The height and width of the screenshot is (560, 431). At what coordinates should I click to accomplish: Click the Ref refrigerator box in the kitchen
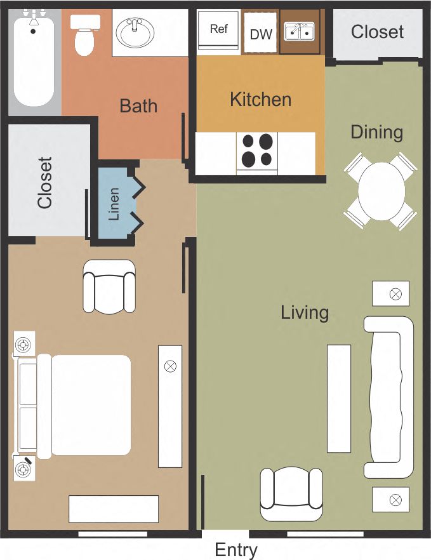pyautogui.click(x=218, y=29)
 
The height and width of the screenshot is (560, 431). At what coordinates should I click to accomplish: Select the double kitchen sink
pyautogui.click(x=300, y=31)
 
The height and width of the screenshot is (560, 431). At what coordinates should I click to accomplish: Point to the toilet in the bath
pyautogui.click(x=83, y=35)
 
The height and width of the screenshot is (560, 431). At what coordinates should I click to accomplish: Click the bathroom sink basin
pyautogui.click(x=135, y=33)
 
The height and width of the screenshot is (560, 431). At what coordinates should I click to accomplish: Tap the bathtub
pyautogui.click(x=34, y=62)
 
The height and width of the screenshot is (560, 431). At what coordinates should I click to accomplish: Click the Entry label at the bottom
pyautogui.click(x=236, y=549)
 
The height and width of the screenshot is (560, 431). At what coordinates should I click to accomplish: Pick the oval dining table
pyautogui.click(x=381, y=192)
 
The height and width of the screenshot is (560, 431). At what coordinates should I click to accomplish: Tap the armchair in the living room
pyautogui.click(x=291, y=494)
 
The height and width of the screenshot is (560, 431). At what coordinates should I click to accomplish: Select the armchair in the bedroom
pyautogui.click(x=110, y=286)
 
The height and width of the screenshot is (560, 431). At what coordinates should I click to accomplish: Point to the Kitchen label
pyautogui.click(x=260, y=99)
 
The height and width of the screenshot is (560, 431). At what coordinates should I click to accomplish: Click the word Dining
pyautogui.click(x=377, y=132)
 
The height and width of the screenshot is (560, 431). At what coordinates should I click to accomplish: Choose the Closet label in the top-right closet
pyautogui.click(x=377, y=32)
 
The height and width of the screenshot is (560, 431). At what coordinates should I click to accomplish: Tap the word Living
pyautogui.click(x=305, y=312)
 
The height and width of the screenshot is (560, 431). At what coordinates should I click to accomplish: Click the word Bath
pyautogui.click(x=138, y=105)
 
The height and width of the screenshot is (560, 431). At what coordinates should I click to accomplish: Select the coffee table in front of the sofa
pyautogui.click(x=339, y=398)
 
